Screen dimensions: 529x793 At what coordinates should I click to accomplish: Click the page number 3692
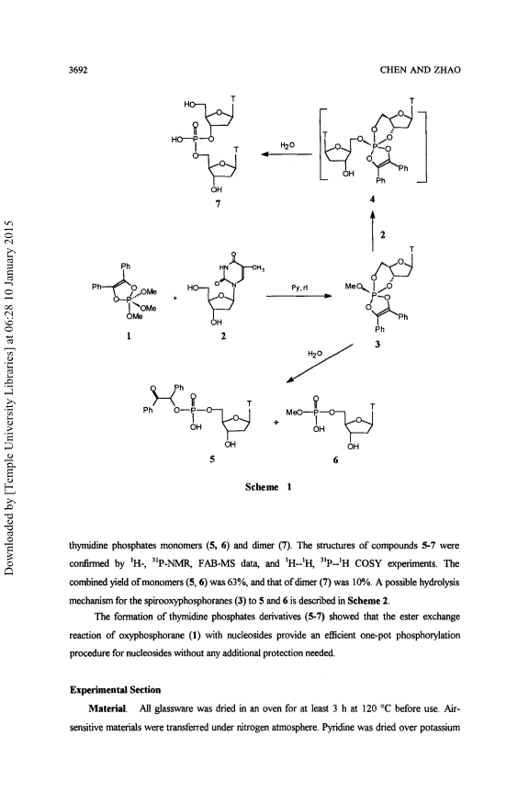(x=78, y=71)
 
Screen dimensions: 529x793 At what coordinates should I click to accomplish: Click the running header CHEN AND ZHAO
(x=420, y=71)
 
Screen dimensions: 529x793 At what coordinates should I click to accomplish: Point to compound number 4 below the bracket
(x=372, y=198)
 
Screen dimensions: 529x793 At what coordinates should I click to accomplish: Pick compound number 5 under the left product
(x=212, y=459)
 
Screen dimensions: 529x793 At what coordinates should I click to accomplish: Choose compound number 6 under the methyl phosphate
(x=335, y=460)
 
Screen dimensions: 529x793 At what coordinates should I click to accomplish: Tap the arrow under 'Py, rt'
(x=298, y=297)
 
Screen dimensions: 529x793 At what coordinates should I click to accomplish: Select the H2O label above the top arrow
(x=287, y=145)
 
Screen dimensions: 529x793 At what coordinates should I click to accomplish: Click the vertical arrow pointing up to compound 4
(x=372, y=231)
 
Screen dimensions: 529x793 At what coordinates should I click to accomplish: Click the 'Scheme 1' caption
(x=268, y=487)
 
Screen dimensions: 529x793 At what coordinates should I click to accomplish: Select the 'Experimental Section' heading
(x=115, y=690)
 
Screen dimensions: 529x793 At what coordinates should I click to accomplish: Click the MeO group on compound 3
(x=352, y=287)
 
